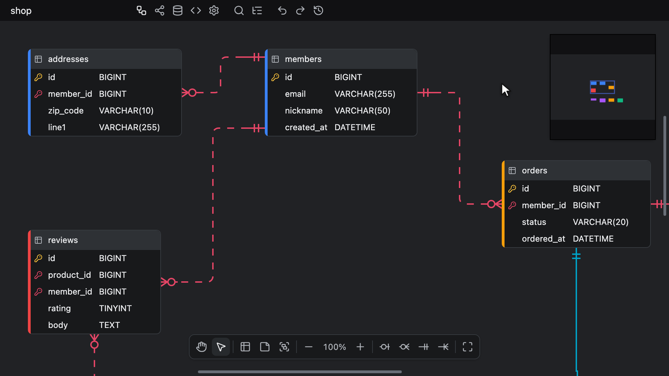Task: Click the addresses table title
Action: pos(68,59)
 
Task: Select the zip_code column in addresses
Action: pos(66,111)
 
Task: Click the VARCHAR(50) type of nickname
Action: pos(362,111)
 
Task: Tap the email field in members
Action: pos(295,94)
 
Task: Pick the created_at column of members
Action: pos(306,127)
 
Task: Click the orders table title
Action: pos(535,171)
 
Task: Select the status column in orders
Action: pos(534,222)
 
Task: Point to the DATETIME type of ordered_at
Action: pos(593,239)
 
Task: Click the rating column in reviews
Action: pos(59,308)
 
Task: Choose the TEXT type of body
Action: pos(109,325)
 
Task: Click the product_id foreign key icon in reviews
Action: pos(38,275)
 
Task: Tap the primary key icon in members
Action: pos(275,77)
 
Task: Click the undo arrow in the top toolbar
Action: pos(282,10)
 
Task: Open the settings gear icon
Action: pos(214,10)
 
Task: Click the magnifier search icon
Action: pos(239,10)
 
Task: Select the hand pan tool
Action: pos(201,347)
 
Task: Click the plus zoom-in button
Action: pos(360,347)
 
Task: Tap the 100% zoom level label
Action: pos(334,347)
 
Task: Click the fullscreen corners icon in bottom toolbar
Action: pos(468,347)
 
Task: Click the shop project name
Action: pos(21,11)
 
